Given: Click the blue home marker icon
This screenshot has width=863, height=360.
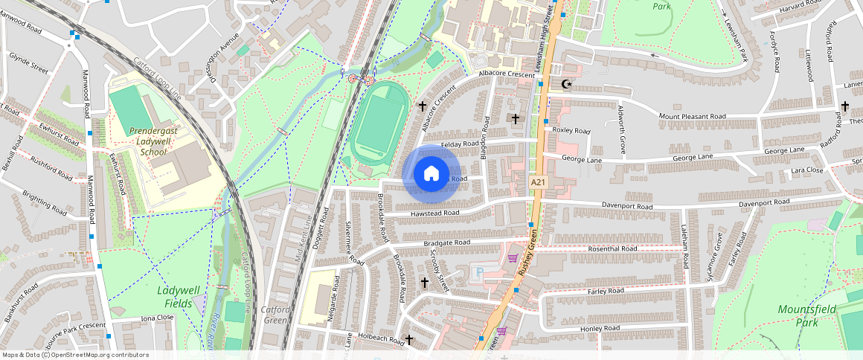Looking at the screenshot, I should tap(431, 174).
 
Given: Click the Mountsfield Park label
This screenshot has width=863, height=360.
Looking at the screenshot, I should tap(806, 315).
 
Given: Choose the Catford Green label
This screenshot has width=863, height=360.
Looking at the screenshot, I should tap(275, 315).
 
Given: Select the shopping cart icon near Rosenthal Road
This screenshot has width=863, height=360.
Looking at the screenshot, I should tap(512, 258).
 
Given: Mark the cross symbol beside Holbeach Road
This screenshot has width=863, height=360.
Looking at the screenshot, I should tap(409, 339).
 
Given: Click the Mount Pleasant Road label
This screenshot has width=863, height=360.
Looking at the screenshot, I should tap(692, 116).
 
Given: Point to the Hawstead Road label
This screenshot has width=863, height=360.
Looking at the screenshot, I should tap(433, 213).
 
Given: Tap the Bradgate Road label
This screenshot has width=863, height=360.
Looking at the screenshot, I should tap(446, 242).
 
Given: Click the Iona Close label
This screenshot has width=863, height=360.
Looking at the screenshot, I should tap(157, 318).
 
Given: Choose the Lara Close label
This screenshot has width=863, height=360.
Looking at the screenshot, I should tap(806, 170).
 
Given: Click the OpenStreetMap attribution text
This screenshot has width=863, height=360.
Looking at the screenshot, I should tap(74, 355).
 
